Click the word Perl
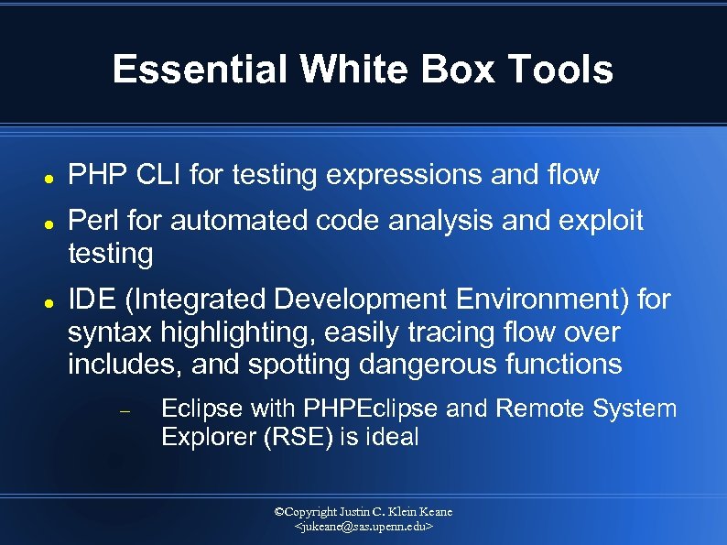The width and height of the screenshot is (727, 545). pyautogui.click(x=94, y=221)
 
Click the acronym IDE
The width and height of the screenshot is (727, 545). pyautogui.click(x=91, y=300)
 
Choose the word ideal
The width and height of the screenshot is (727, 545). pyautogui.click(x=391, y=437)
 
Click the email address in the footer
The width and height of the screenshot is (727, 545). pyautogui.click(x=363, y=528)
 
